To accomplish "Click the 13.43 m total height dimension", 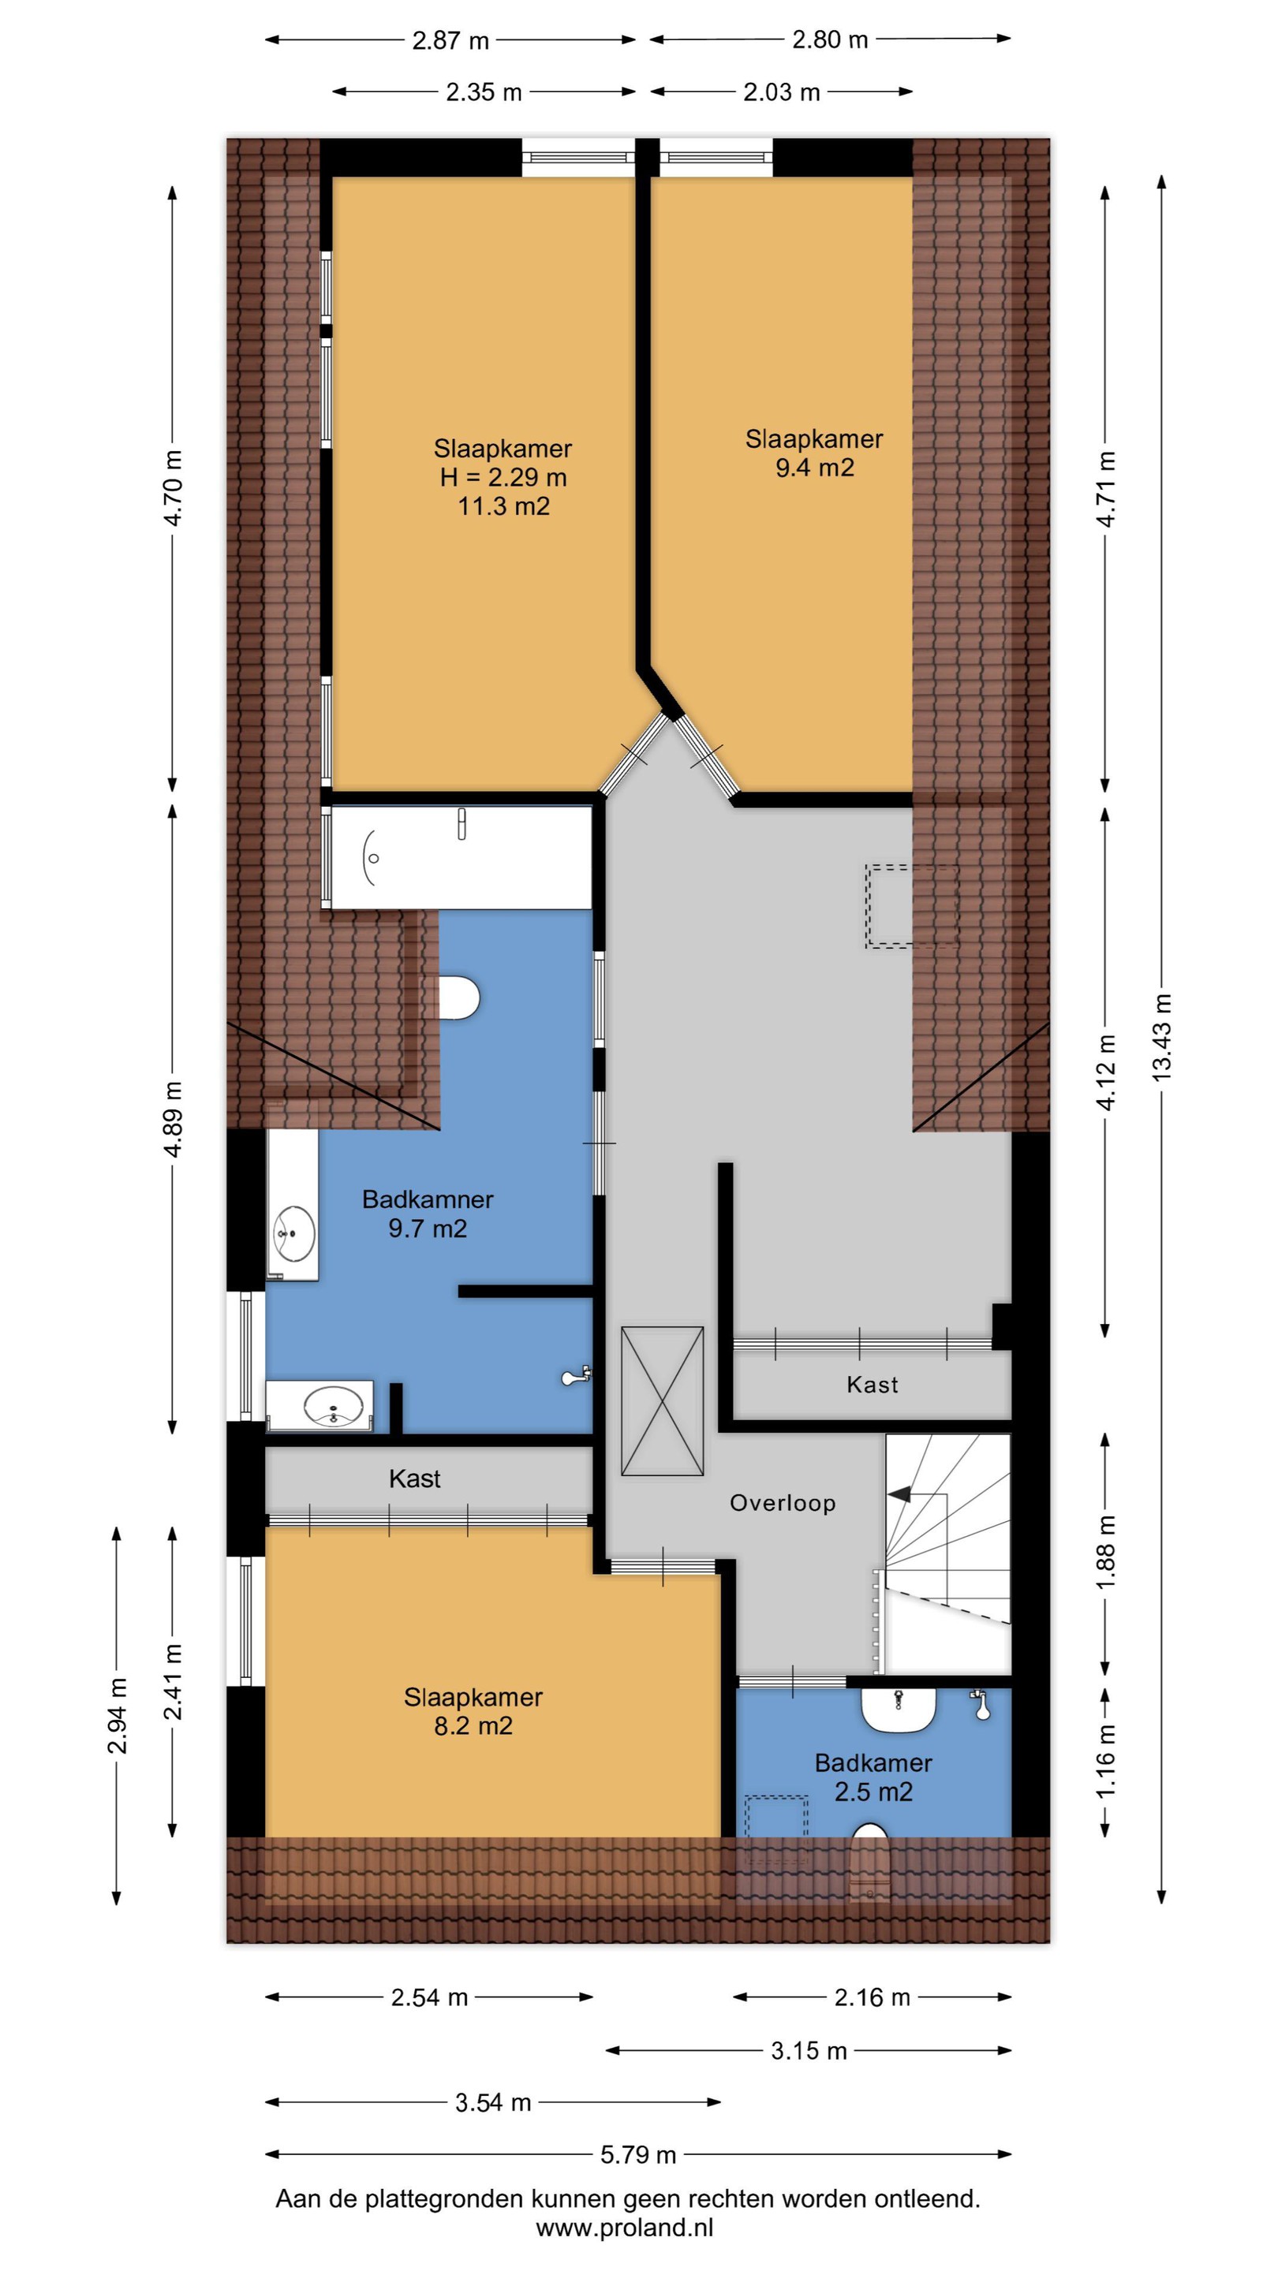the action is click(1161, 1038).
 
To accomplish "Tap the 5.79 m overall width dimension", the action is click(637, 2154).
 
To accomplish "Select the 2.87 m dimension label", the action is click(450, 39).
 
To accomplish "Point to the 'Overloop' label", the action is click(783, 1502).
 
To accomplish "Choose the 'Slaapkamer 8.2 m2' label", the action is click(473, 1710).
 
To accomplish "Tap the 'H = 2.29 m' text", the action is click(503, 477).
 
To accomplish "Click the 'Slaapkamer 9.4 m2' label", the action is click(814, 453).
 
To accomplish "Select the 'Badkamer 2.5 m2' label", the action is click(873, 1777).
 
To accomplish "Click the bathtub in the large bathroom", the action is click(461, 857).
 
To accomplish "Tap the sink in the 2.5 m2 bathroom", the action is click(898, 1710).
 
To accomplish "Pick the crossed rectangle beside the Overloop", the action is click(663, 1401).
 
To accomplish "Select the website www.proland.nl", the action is click(625, 2228).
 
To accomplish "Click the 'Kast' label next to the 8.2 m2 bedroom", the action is click(414, 1479).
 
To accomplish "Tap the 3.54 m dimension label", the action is click(493, 2101).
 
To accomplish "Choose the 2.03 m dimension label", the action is click(782, 91).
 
